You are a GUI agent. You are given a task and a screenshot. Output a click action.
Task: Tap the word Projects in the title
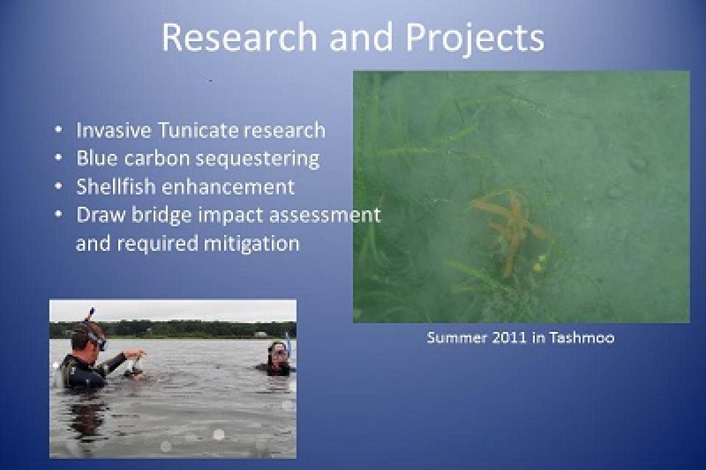point(475,38)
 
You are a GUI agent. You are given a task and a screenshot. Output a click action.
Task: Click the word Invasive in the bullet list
point(112,130)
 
